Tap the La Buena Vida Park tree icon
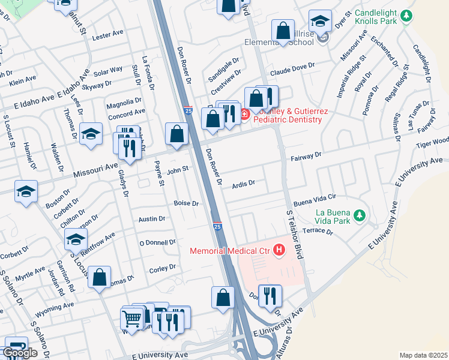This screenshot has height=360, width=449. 360,215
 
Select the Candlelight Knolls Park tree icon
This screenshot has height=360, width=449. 407,15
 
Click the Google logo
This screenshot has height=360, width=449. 20,353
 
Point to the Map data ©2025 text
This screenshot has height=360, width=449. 424,355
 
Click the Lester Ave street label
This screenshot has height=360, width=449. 107,37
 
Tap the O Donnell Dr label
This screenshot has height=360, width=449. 157,242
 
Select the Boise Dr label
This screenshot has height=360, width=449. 186,203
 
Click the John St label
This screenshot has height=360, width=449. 178,170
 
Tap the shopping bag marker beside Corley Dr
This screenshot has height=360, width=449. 100,278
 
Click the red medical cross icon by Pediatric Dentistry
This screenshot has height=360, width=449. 245,114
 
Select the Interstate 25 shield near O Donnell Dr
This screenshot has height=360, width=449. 217,226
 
